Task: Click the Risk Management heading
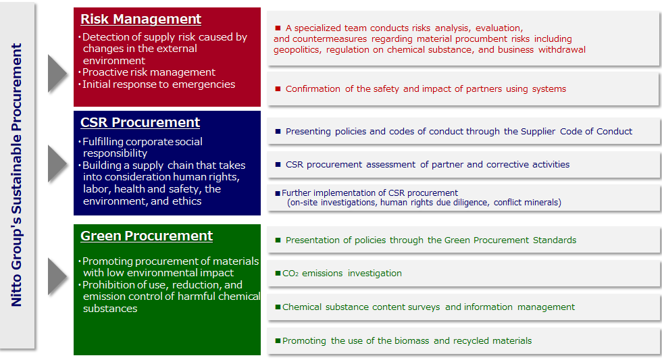pyautogui.click(x=141, y=19)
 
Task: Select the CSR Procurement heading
pyautogui.click(x=140, y=122)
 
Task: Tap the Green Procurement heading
pyautogui.click(x=147, y=236)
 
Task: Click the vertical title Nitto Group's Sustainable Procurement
pyautogui.click(x=16, y=175)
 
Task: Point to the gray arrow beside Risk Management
pyautogui.click(x=57, y=74)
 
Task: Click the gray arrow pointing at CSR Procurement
pyautogui.click(x=57, y=163)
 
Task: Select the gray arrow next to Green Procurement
pyautogui.click(x=57, y=276)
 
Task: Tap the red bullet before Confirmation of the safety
pyautogui.click(x=278, y=88)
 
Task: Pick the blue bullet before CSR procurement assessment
pyautogui.click(x=278, y=164)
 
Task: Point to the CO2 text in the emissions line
pyautogui.click(x=290, y=274)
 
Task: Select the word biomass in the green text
pyautogui.click(x=411, y=341)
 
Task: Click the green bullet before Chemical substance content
pyautogui.click(x=278, y=307)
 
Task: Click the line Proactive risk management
pyautogui.click(x=149, y=72)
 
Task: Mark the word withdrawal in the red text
pyautogui.click(x=562, y=50)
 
